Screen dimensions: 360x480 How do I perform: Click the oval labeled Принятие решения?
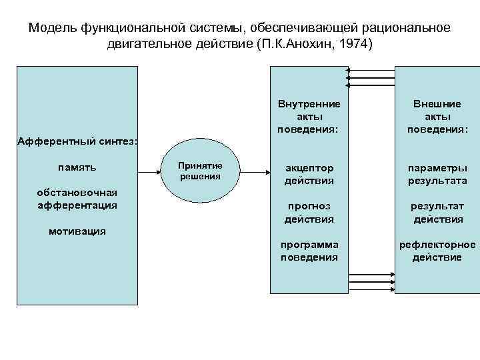click(x=201, y=171)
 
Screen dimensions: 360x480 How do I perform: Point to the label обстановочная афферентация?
click(x=77, y=199)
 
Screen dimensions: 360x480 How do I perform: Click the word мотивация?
click(x=77, y=231)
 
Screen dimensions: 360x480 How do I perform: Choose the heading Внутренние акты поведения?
click(x=309, y=115)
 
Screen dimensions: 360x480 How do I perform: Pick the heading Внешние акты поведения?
click(x=437, y=115)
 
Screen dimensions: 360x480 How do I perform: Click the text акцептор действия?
click(x=309, y=174)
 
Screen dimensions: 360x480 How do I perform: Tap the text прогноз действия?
click(x=309, y=212)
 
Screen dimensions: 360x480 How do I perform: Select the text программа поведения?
click(x=309, y=251)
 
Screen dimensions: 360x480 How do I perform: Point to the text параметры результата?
click(x=437, y=174)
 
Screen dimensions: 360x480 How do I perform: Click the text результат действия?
click(x=437, y=212)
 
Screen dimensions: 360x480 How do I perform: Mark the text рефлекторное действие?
click(x=437, y=251)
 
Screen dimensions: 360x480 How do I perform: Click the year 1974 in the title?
click(x=357, y=45)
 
